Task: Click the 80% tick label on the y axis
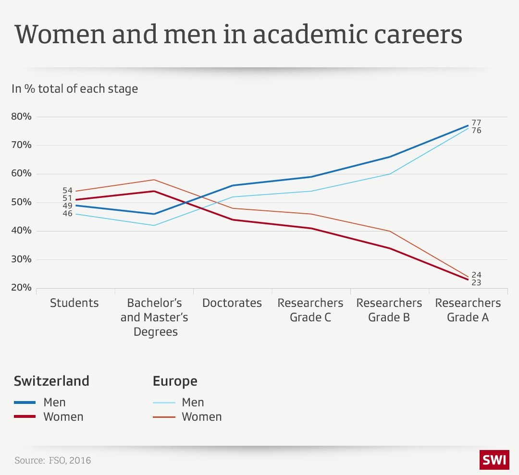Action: [21, 117]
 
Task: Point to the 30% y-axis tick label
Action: [21, 259]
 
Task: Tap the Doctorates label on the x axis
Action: [232, 303]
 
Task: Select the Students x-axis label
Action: [74, 303]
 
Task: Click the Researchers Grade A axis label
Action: [468, 310]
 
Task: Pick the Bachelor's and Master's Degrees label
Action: [154, 317]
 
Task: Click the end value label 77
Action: [476, 123]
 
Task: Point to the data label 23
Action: [476, 283]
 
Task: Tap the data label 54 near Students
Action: [67, 191]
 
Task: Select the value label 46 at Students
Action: [67, 214]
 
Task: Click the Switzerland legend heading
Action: [52, 381]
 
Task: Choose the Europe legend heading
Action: [175, 381]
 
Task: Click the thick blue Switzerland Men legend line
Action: [25, 402]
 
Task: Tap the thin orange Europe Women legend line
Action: [163, 417]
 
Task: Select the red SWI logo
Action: [494, 460]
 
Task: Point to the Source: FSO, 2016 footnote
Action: [52, 461]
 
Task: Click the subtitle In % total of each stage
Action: [75, 89]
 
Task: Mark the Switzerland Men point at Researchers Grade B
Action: [390, 157]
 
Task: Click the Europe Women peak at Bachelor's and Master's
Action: [154, 180]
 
